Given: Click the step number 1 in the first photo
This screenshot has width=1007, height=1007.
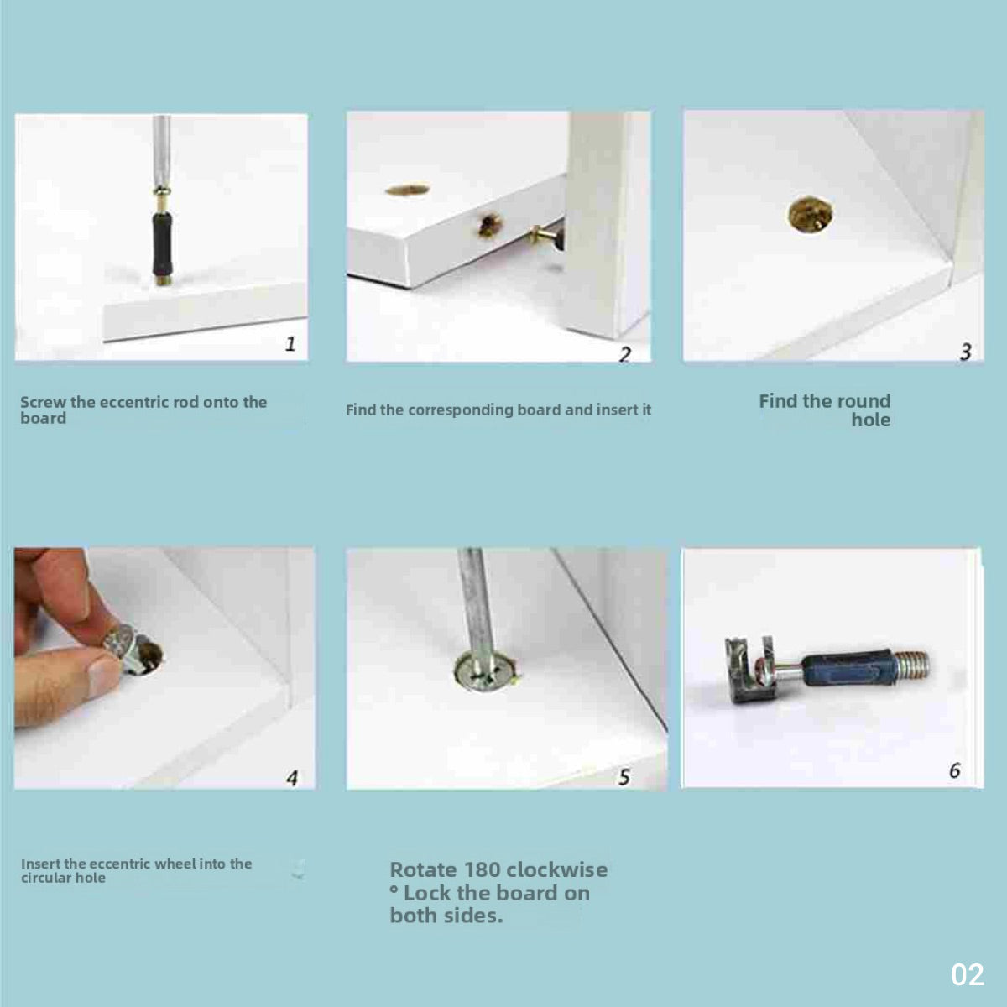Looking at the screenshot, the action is (290, 343).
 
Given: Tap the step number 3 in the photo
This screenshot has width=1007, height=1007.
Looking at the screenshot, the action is (966, 351).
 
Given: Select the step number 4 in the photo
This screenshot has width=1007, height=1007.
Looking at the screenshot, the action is (292, 778).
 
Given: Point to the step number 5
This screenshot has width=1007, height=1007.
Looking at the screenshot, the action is (624, 777).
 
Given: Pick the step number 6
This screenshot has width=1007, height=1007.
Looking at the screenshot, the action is (955, 770).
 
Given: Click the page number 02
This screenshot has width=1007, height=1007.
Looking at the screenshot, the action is (968, 974).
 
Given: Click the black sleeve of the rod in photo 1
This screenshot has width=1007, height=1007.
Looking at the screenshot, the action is (161, 243).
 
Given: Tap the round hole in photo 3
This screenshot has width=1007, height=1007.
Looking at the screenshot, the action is (810, 214).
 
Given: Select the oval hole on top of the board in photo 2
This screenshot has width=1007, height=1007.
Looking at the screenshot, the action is (408, 190).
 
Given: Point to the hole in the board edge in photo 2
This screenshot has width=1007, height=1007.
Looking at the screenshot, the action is (489, 226).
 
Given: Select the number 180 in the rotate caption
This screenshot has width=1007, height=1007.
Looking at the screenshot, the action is (483, 870).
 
